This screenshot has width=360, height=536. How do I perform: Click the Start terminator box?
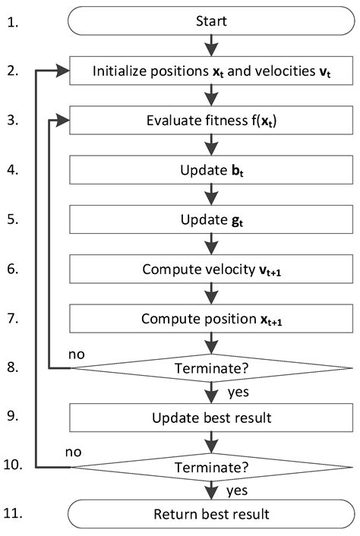click(x=212, y=23)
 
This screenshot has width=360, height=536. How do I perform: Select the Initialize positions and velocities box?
click(x=212, y=71)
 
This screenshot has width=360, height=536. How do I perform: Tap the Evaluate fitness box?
click(x=212, y=119)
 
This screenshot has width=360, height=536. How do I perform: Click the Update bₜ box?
click(x=212, y=169)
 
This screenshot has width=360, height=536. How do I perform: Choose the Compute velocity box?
click(x=212, y=268)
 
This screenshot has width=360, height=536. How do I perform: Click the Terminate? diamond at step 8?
click(x=212, y=368)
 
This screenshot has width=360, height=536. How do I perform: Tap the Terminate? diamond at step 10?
click(x=212, y=465)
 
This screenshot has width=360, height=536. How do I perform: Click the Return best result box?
click(x=212, y=514)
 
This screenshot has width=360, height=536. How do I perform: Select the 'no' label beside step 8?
click(x=77, y=355)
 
